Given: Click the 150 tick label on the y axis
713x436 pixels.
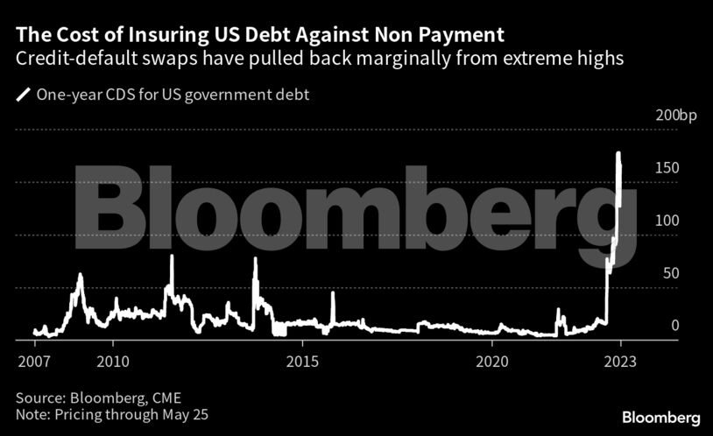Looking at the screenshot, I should click(x=668, y=167).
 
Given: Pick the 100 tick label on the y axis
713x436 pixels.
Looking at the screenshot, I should click(x=668, y=221).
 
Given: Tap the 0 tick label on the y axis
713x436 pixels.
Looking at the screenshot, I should click(x=674, y=326).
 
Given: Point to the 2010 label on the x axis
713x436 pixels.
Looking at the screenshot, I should click(x=113, y=360).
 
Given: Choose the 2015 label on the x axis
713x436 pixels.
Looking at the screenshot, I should click(x=302, y=360).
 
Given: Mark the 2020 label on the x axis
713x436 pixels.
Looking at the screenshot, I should click(x=492, y=360).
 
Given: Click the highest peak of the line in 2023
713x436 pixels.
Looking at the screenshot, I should click(x=618, y=154).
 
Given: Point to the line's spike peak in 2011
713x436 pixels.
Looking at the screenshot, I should click(x=172, y=257).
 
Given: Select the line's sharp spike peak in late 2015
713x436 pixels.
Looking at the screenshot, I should click(x=333, y=293).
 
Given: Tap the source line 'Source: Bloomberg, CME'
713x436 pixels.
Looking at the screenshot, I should click(x=98, y=397).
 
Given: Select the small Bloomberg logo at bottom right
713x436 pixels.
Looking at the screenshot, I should click(x=661, y=417).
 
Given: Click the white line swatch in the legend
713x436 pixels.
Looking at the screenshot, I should click(x=22, y=95).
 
